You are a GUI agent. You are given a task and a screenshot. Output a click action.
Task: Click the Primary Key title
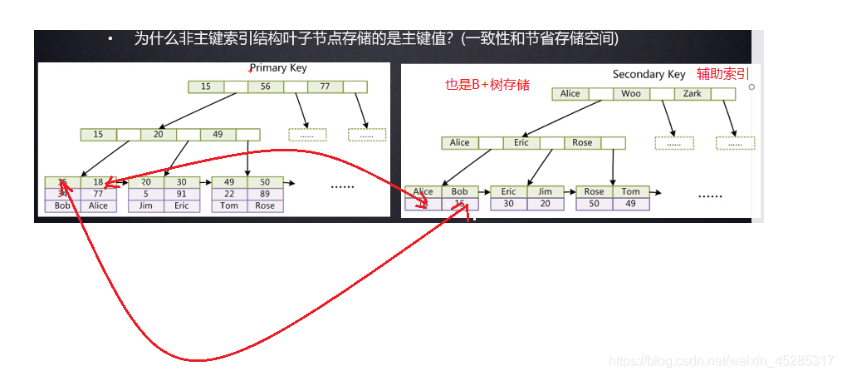(278, 67)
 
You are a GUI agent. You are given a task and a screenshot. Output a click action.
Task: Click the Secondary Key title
(649, 74)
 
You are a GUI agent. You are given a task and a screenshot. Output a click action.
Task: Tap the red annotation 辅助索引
(722, 73)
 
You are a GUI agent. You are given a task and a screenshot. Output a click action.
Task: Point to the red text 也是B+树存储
(487, 84)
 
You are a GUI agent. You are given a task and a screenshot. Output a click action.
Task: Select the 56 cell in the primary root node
(265, 87)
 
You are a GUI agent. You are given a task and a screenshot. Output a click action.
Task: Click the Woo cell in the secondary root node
(631, 94)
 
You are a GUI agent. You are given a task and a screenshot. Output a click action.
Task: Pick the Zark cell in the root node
(692, 94)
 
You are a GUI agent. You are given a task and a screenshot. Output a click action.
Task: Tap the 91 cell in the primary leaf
(182, 194)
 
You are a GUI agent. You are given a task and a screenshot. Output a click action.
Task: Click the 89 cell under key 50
(265, 194)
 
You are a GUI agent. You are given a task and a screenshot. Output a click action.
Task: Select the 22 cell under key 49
(229, 194)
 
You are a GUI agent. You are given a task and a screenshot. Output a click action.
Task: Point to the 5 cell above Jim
(146, 194)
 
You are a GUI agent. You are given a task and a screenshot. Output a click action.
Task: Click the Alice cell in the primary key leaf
(99, 205)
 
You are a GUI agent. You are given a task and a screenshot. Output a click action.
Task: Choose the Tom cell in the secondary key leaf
(631, 191)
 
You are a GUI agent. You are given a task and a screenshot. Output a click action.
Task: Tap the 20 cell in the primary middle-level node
(158, 134)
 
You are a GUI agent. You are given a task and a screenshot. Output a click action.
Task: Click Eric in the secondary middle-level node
(521, 142)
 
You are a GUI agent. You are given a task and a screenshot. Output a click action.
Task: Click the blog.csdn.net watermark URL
(721, 361)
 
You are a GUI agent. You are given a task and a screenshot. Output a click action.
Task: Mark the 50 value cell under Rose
(595, 203)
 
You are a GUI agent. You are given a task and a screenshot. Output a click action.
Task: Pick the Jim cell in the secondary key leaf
(545, 191)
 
